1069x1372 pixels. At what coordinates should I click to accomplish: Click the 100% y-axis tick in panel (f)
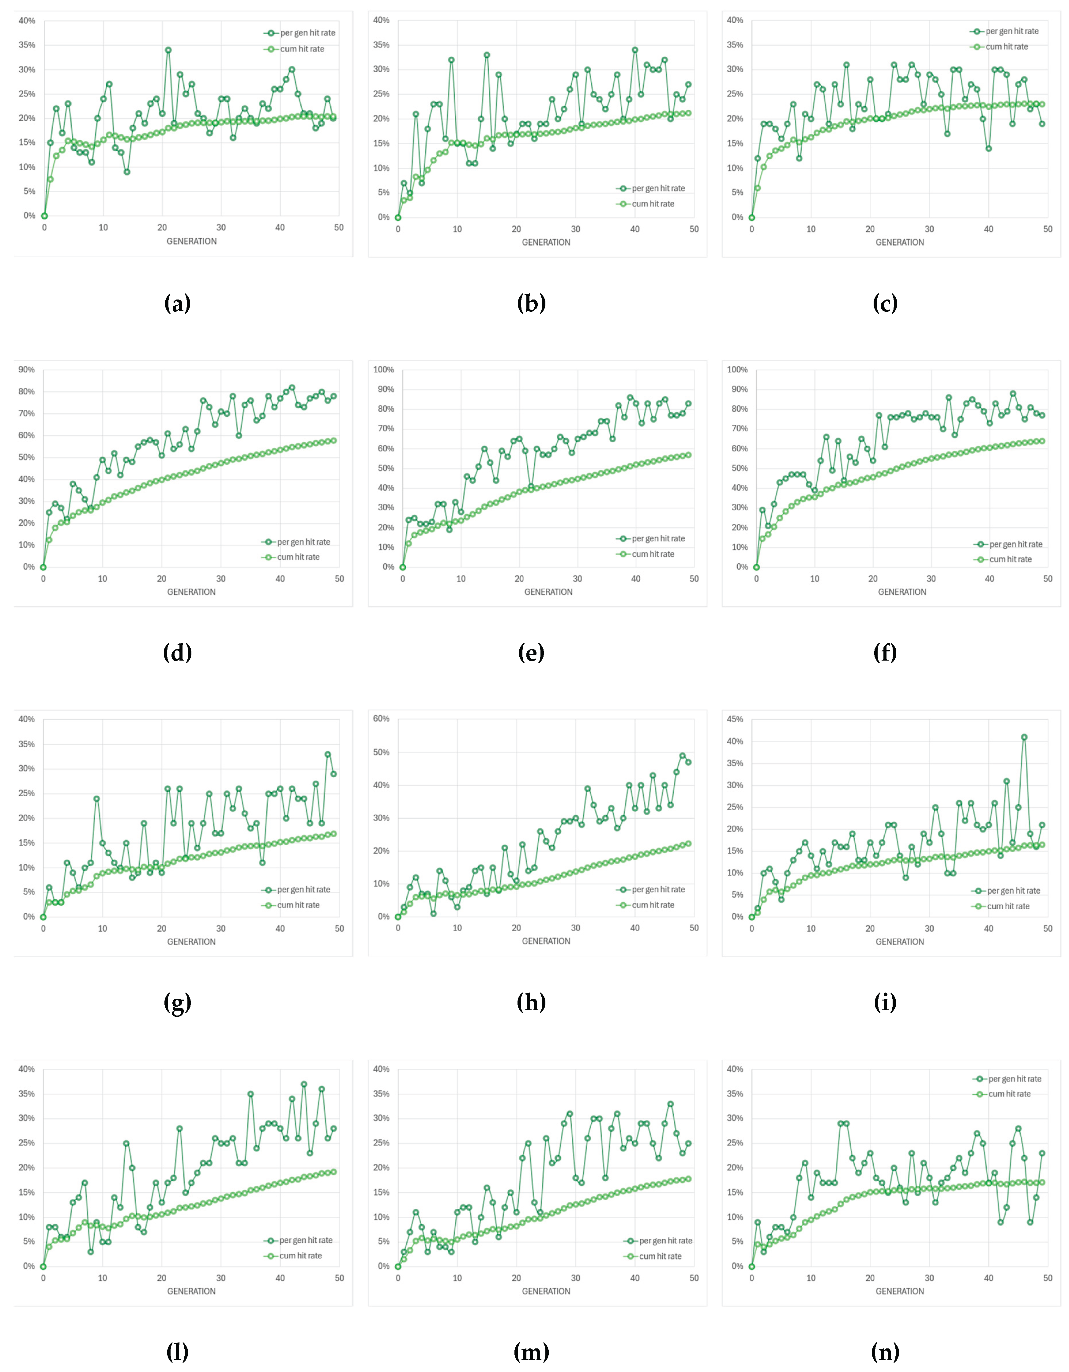(x=737, y=369)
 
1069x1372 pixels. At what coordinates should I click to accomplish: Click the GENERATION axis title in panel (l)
(x=191, y=1291)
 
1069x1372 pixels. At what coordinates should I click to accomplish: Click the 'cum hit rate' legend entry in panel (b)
(x=653, y=204)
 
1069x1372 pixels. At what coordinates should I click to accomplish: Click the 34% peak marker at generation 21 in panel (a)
(x=168, y=50)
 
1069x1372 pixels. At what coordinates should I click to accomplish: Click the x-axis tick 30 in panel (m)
(x=575, y=1278)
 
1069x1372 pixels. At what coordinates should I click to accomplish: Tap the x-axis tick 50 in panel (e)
(x=694, y=579)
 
